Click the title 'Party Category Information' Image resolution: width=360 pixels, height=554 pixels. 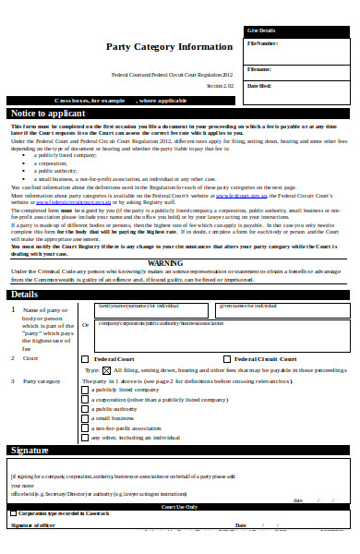(169, 46)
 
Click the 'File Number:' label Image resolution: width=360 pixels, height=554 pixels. (262, 43)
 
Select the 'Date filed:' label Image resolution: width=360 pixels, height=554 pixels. (259, 86)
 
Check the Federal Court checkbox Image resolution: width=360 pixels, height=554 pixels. (86, 358)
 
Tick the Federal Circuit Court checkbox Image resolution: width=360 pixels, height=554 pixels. (226, 358)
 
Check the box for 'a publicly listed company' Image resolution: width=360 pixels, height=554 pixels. (86, 391)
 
